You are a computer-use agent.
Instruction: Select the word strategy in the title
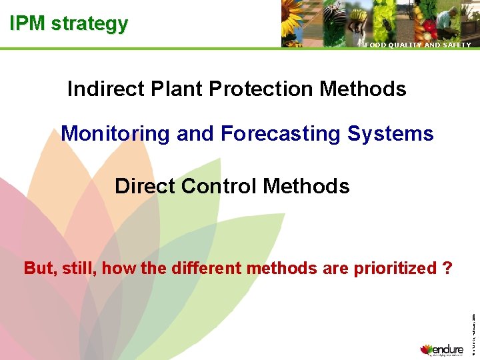tap(89, 25)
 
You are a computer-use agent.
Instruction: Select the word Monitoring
tap(115, 134)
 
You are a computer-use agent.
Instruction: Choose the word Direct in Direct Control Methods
tap(145, 186)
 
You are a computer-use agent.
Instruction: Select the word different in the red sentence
tap(207, 268)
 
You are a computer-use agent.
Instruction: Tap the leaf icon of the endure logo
tap(427, 349)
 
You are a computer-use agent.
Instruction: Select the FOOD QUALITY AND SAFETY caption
tap(417, 45)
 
